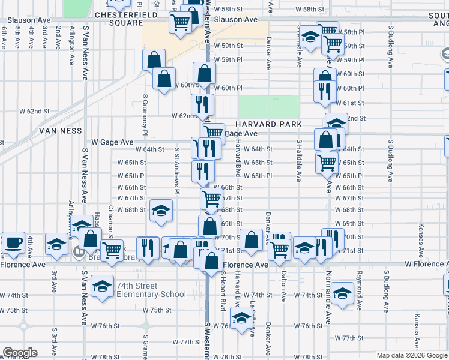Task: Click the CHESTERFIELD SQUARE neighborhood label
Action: pos(118,19)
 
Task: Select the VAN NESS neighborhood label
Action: pos(60,130)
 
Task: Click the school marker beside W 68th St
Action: pos(161,211)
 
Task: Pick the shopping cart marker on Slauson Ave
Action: pos(180,23)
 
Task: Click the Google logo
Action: pos(19,353)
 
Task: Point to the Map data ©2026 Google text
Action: pos(412,355)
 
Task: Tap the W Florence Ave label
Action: pos(426,264)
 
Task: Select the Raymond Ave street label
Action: pos(359,283)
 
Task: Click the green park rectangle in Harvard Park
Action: pos(268,106)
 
